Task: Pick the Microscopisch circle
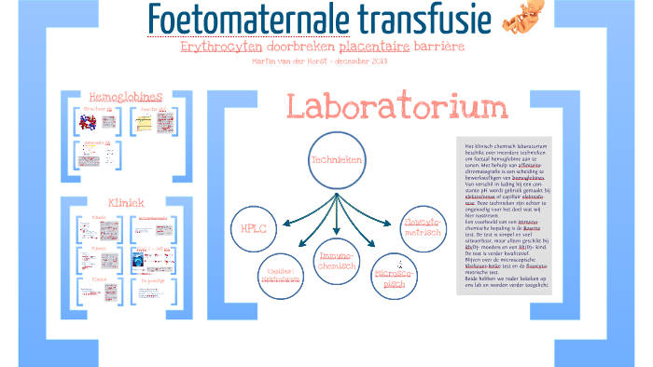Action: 390,279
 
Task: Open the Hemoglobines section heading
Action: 124,97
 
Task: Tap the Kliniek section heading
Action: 124,202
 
